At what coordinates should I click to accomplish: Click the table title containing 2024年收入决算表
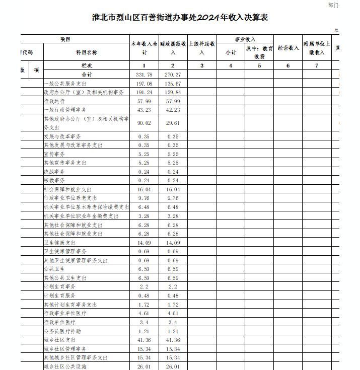point(180,18)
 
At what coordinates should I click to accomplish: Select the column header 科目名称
point(86,52)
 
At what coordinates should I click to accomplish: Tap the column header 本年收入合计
point(144,48)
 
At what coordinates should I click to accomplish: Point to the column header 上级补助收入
point(202,48)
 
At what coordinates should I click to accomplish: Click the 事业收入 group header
point(245,39)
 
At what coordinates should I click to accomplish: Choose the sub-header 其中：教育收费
point(259,52)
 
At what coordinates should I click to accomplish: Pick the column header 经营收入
point(288,48)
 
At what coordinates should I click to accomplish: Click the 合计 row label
point(86,75)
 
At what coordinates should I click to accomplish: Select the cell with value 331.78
point(144,75)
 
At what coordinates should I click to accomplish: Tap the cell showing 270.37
point(173,75)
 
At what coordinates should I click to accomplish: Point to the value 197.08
point(144,84)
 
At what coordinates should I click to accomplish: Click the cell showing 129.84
point(173,93)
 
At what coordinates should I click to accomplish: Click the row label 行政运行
point(54,101)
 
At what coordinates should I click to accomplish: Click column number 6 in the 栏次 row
point(288,66)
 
